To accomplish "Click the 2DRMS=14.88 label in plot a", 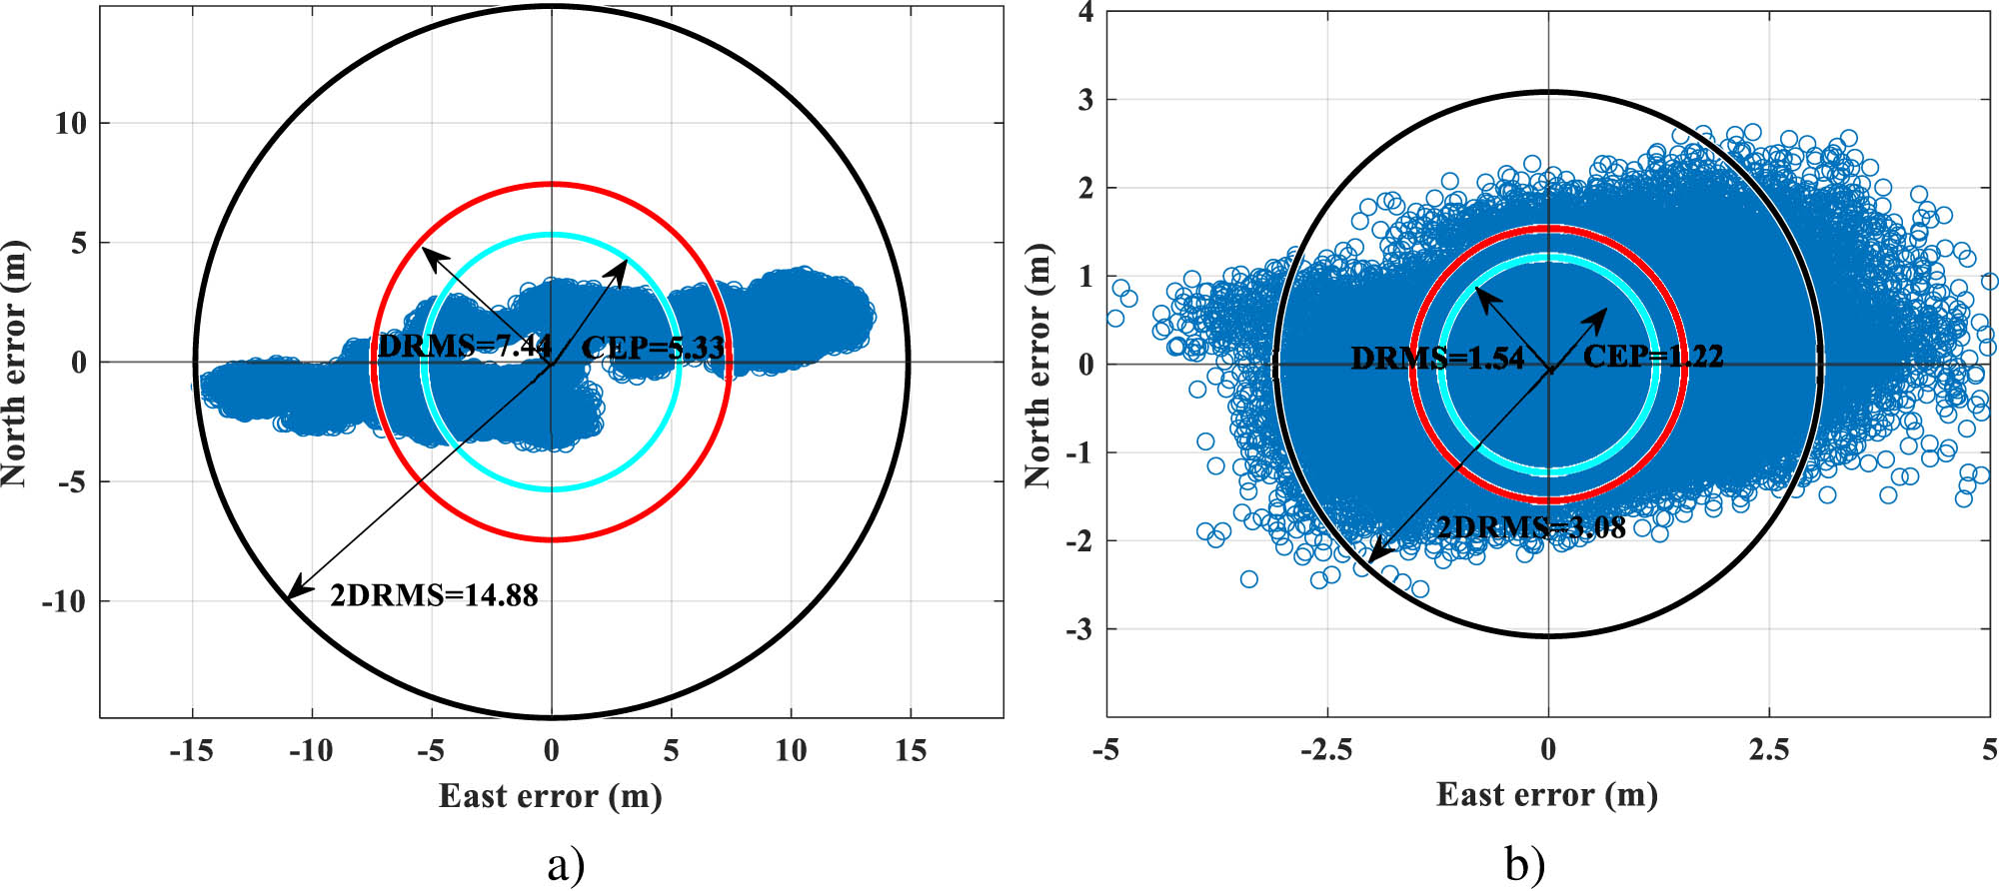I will coord(434,596).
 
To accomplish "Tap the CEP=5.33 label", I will coord(653,348).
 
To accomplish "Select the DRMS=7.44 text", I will coord(465,347).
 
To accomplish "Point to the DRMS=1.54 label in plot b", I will coord(1437,359).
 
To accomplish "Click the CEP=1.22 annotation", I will coord(1653,357).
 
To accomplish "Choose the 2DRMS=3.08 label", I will coord(1530,528).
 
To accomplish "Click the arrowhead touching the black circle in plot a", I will coord(293,593).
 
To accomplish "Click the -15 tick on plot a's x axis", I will coord(191,751).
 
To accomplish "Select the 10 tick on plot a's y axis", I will coord(70,124).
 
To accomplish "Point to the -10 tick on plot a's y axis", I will coord(63,602).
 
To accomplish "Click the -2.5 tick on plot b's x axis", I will coord(1326,750).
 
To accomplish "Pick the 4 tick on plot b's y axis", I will coord(1084,13).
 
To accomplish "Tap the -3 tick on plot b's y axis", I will coord(1078,630).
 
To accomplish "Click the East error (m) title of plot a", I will coord(551,797).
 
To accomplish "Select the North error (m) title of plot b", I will coord(1038,365).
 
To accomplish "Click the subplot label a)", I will coord(566,865).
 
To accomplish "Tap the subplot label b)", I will coord(1524,865).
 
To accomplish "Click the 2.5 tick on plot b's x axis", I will coord(1768,750).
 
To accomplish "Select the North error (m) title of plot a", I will coord(14,365).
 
